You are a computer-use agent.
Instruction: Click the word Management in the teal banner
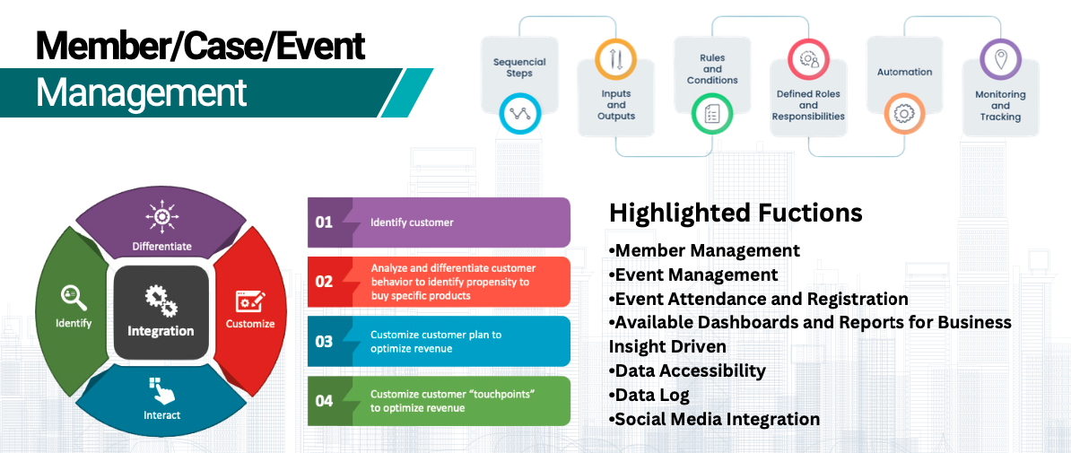point(141,92)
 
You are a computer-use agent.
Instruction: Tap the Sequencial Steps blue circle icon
point(519,114)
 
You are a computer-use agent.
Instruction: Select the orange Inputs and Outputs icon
point(615,60)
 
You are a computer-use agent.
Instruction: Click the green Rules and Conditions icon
point(712,114)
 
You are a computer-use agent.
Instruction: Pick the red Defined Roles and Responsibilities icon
point(808,60)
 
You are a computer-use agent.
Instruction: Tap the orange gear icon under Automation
point(904,114)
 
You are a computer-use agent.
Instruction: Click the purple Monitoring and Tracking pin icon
point(1000,60)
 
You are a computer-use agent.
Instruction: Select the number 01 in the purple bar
point(324,222)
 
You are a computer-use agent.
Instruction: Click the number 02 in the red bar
point(324,282)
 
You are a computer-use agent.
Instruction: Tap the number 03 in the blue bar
point(324,342)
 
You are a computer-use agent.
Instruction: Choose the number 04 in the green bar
point(324,401)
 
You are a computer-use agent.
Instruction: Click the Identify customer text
point(412,222)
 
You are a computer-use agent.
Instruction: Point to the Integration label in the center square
point(161,331)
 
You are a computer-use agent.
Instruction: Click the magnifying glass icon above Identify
point(73,297)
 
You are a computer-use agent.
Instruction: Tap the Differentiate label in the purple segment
point(161,246)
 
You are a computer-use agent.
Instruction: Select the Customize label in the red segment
point(250,324)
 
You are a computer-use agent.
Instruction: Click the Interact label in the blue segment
point(161,415)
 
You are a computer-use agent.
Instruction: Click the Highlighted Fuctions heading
point(736,213)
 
